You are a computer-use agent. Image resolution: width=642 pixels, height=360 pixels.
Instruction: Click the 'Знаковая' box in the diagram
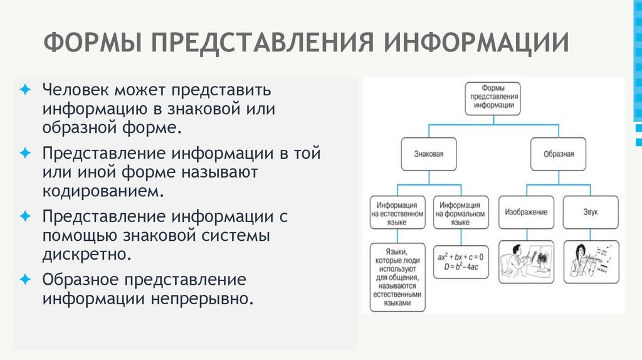pyautogui.click(x=428, y=152)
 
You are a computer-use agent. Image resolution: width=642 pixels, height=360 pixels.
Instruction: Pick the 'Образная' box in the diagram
pyautogui.click(x=557, y=152)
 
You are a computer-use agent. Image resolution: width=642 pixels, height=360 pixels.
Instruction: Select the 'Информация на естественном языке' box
pyautogui.click(x=397, y=213)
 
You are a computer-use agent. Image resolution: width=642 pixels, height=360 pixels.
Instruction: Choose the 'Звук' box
pyautogui.click(x=591, y=212)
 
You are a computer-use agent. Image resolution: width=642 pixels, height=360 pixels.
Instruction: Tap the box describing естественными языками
pyautogui.click(x=397, y=277)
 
